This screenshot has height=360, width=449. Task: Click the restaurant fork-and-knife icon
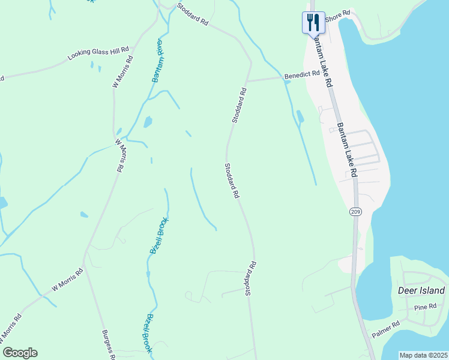pyautogui.click(x=313, y=22)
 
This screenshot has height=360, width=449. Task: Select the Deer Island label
pyautogui.click(x=421, y=291)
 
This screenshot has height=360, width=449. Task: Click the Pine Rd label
pyautogui.click(x=425, y=307)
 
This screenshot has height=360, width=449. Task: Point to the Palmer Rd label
pyautogui.click(x=385, y=330)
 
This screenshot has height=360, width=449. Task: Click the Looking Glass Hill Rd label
pyautogui.click(x=98, y=54)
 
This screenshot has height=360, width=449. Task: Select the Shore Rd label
pyautogui.click(x=337, y=16)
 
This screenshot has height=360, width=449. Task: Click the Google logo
pyautogui.click(x=20, y=353)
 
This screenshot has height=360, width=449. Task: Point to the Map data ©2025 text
pyautogui.click(x=423, y=355)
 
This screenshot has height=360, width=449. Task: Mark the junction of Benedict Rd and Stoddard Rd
pyautogui.click(x=247, y=80)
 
